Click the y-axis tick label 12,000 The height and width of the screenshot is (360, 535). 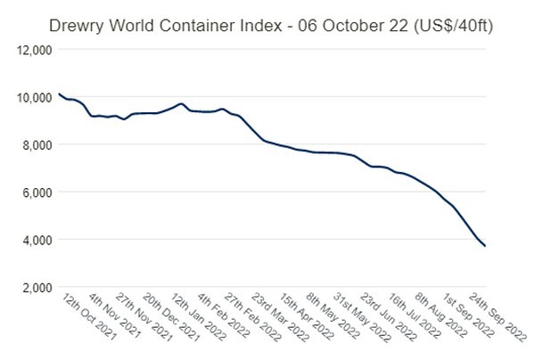pyautogui.click(x=33, y=50)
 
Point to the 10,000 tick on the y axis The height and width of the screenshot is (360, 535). pyautogui.click(x=33, y=97)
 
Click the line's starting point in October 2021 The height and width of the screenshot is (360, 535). pyautogui.click(x=58, y=94)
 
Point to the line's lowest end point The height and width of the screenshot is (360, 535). pyautogui.click(x=485, y=246)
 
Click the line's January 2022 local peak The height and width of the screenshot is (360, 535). pyautogui.click(x=181, y=103)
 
